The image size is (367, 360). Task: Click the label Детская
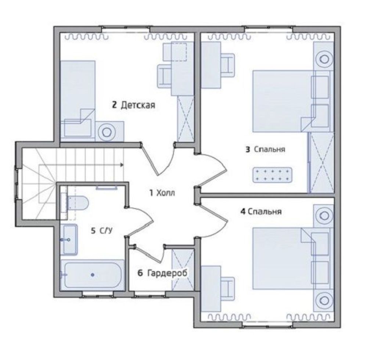(x=138, y=105)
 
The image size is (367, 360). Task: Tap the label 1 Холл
(x=162, y=193)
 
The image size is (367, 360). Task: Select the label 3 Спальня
(x=265, y=150)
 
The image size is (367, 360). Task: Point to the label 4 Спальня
(x=261, y=212)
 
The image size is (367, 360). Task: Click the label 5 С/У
(x=102, y=231)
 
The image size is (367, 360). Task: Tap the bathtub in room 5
(x=93, y=275)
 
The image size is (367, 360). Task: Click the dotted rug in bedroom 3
(x=273, y=175)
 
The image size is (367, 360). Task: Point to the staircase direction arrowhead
(x=122, y=165)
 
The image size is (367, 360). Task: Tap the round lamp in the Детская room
(x=107, y=133)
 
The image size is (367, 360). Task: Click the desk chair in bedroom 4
(x=227, y=289)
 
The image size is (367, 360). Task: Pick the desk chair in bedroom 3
(x=227, y=65)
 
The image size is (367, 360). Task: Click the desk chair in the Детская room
(x=165, y=76)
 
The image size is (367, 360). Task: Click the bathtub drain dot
(x=93, y=275)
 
